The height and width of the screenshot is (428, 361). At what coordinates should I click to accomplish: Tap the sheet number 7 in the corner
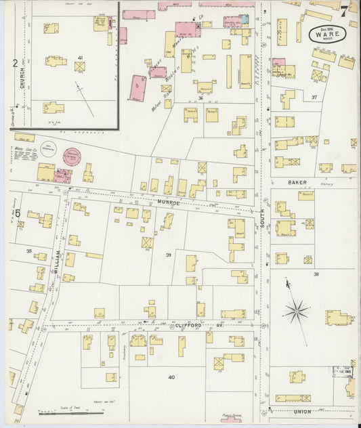click(345, 11)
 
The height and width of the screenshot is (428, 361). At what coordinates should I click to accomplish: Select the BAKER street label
click(297, 182)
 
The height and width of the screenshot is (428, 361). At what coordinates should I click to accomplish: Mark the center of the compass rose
click(296, 312)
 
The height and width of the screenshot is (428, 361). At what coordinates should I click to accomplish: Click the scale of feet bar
click(62, 412)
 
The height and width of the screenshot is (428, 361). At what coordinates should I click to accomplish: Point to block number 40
click(171, 377)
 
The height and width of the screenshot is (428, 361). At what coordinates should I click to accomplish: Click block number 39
click(168, 254)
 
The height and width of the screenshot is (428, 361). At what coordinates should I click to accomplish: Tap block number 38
click(316, 274)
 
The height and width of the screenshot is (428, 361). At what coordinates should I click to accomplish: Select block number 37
click(314, 98)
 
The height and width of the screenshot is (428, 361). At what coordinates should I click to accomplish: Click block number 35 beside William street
click(28, 251)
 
